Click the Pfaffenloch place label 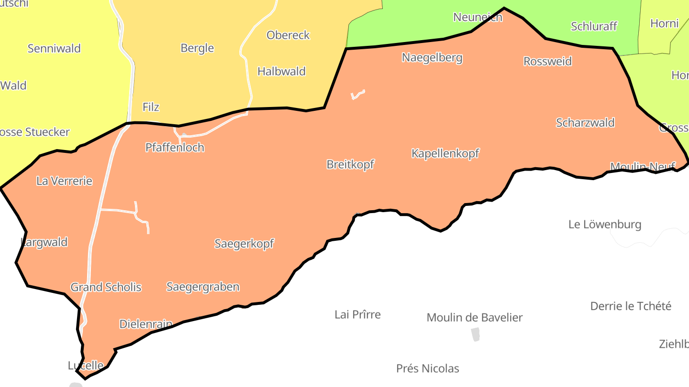pyautogui.click(x=175, y=147)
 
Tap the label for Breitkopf pyautogui.click(x=350, y=164)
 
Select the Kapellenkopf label pyautogui.click(x=445, y=153)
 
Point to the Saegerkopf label pyautogui.click(x=244, y=244)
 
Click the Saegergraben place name pyautogui.click(x=203, y=287)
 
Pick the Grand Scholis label pyautogui.click(x=106, y=287)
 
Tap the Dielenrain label pyautogui.click(x=145, y=324)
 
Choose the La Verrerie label pyautogui.click(x=64, y=181)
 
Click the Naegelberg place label pyautogui.click(x=432, y=58)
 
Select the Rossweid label pyautogui.click(x=547, y=61)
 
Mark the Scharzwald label pyautogui.click(x=585, y=123)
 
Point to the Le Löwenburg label pyautogui.click(x=605, y=224)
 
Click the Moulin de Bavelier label pyautogui.click(x=474, y=317)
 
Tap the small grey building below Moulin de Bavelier pyautogui.click(x=475, y=334)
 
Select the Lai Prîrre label pyautogui.click(x=357, y=314)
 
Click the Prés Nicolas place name pyautogui.click(x=427, y=368)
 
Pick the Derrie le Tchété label pyautogui.click(x=631, y=306)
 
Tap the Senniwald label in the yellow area pyautogui.click(x=54, y=48)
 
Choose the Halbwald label pyautogui.click(x=281, y=71)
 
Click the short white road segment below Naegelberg pyautogui.click(x=358, y=94)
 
